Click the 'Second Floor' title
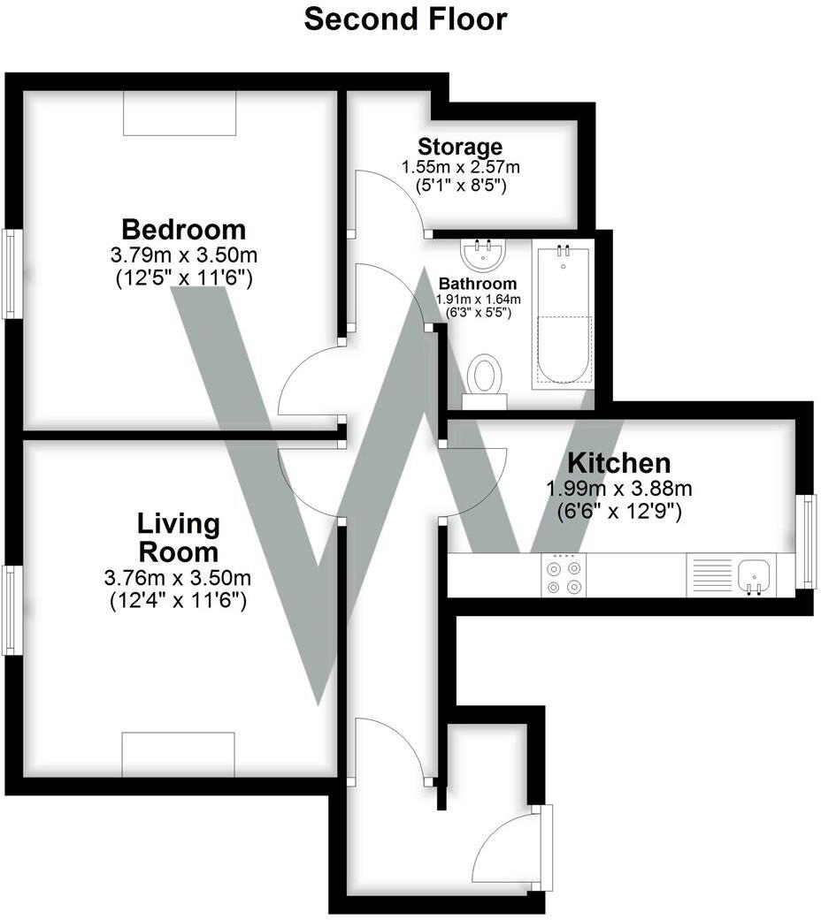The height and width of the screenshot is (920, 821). click(405, 19)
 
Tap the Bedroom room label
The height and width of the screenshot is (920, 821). click(183, 230)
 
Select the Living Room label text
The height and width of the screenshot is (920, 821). click(178, 537)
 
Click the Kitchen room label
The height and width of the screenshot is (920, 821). click(618, 462)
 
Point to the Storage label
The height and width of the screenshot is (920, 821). click(460, 147)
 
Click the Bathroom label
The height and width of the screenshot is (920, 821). click(478, 284)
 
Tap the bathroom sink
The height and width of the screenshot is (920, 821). click(483, 255)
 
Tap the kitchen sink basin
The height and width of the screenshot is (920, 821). click(755, 575)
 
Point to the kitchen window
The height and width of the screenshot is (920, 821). click(806, 541)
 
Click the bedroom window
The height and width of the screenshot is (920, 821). click(12, 273)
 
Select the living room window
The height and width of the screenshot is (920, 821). click(12, 610)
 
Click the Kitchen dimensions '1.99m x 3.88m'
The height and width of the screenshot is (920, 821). click(618, 489)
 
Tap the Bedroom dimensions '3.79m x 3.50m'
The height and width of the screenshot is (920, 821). click(183, 256)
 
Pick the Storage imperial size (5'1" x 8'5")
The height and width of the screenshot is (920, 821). click(460, 186)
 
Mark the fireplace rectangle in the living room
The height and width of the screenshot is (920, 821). click(178, 754)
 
